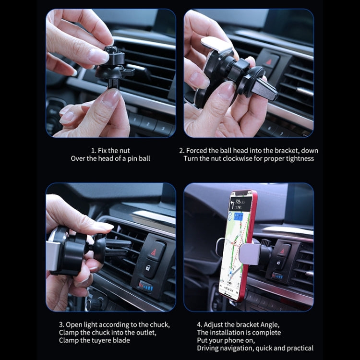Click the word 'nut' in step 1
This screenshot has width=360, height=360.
pos(124,150)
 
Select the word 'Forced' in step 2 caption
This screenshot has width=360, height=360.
pos(198,150)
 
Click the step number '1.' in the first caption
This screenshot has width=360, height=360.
pos(94,150)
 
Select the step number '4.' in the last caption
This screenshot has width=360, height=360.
pos(200,324)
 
